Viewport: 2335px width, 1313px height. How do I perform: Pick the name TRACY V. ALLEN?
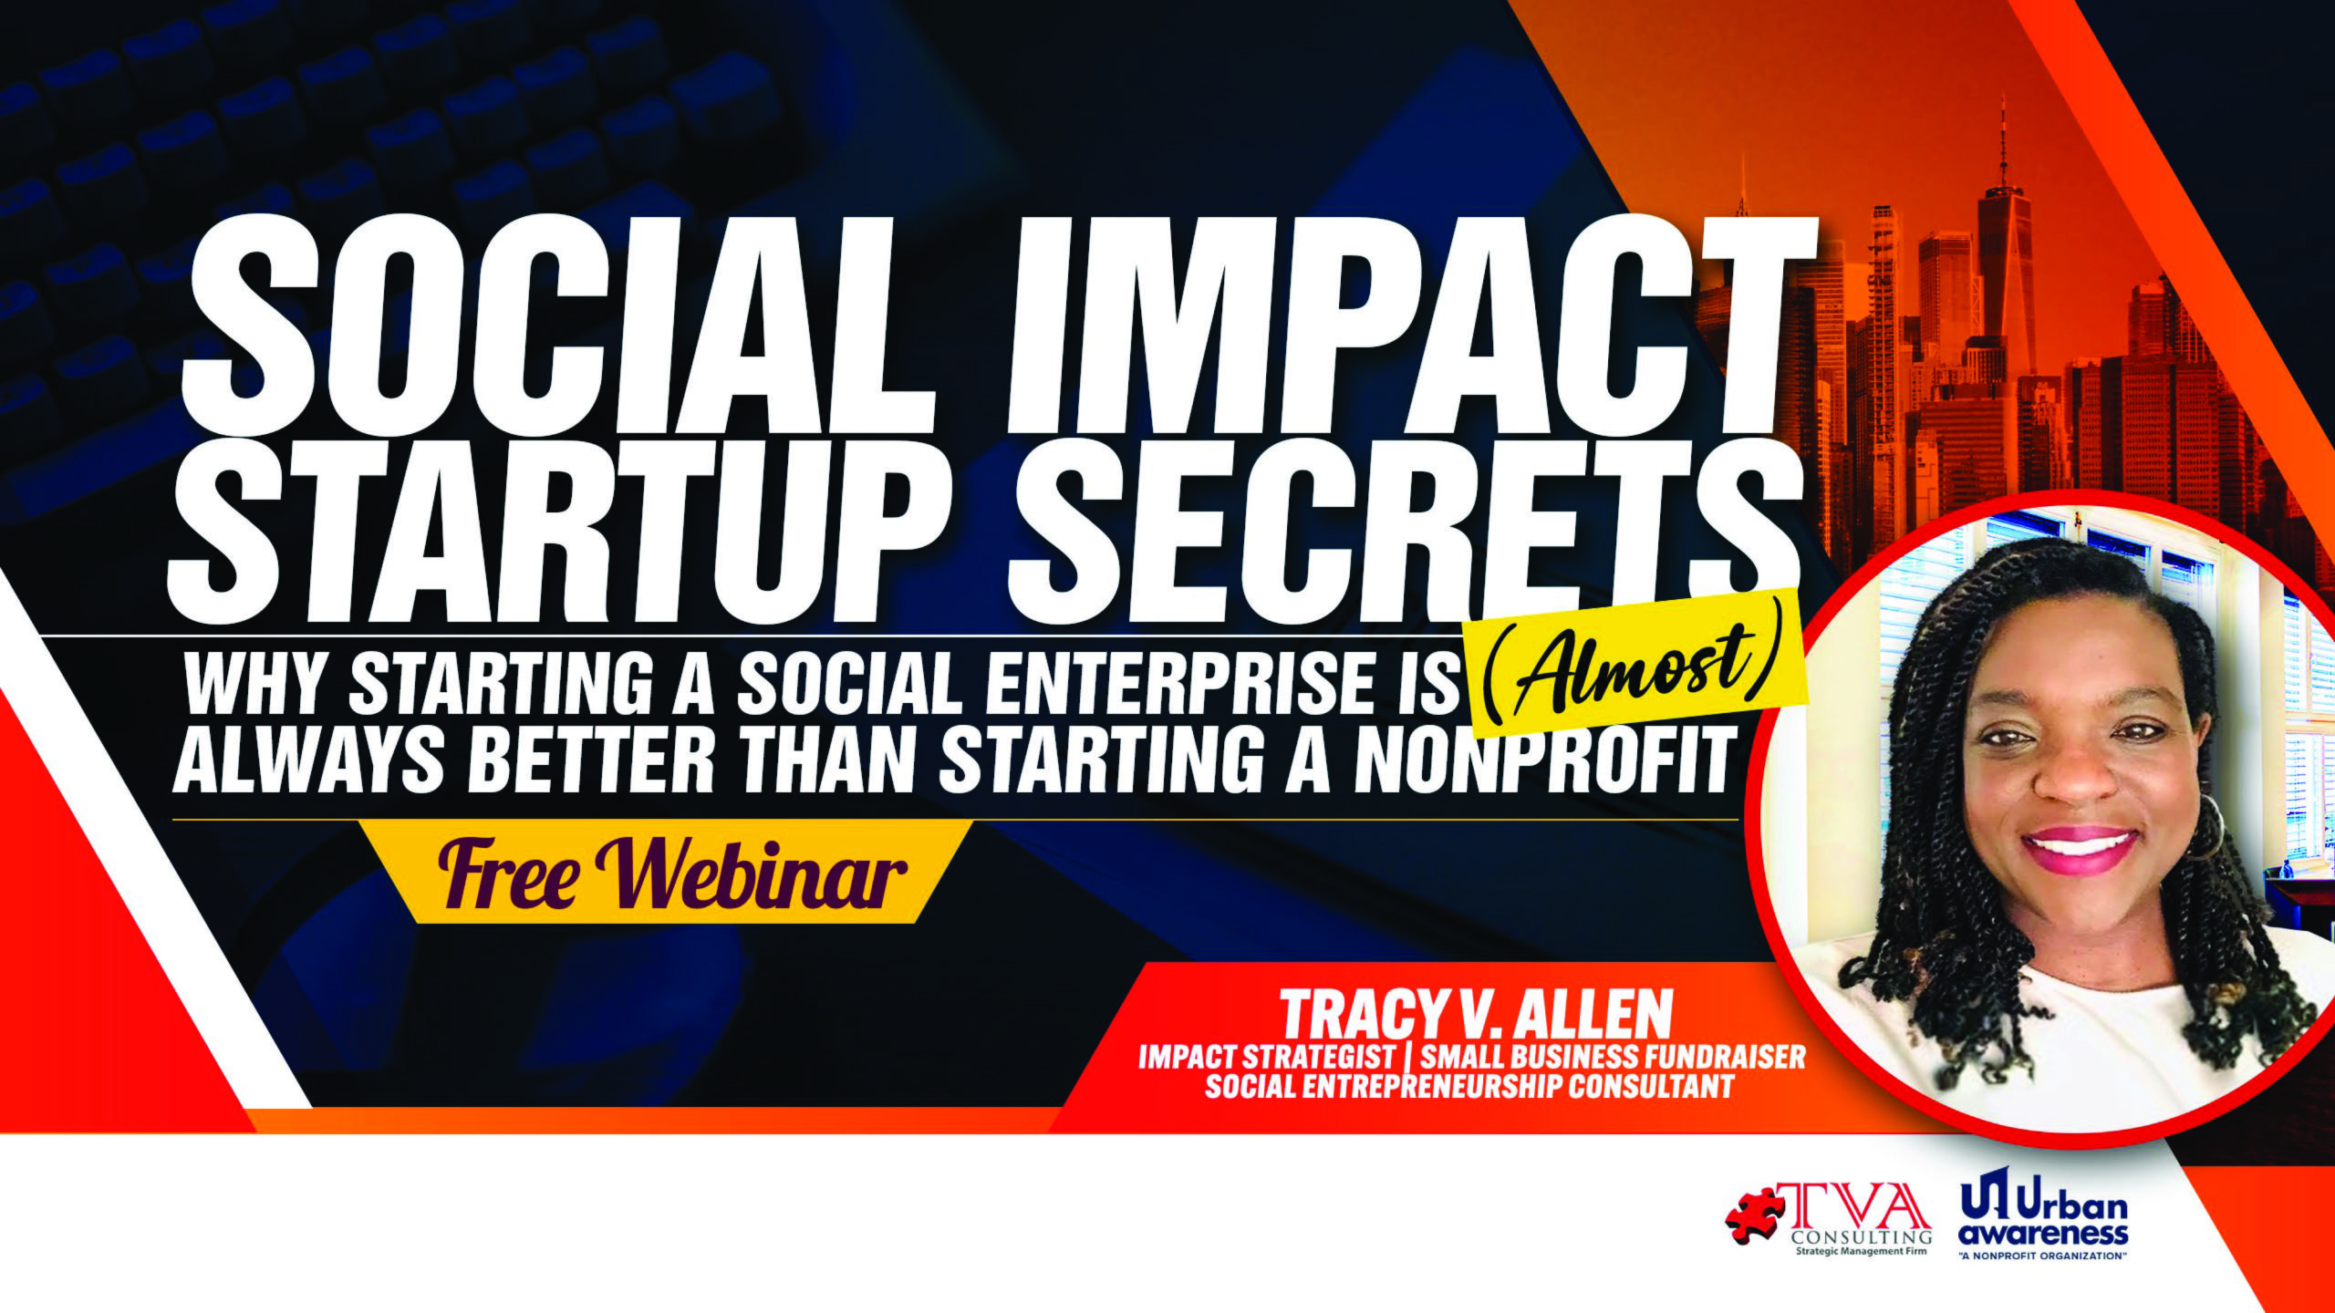point(1477,1013)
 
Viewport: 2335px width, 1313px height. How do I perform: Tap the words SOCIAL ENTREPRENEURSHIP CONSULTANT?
point(1468,1088)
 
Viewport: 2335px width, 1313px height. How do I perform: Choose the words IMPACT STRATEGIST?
point(1267,1057)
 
